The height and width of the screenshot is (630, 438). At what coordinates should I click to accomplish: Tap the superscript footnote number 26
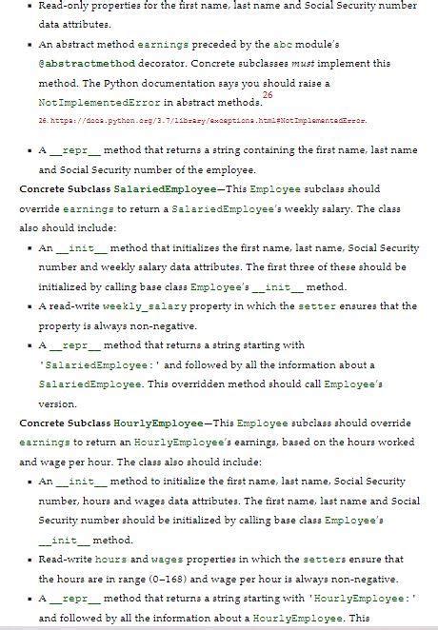[267, 96]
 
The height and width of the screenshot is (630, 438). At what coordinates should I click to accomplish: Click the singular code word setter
[343, 306]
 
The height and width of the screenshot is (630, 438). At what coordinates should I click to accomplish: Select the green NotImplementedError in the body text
[95, 101]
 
